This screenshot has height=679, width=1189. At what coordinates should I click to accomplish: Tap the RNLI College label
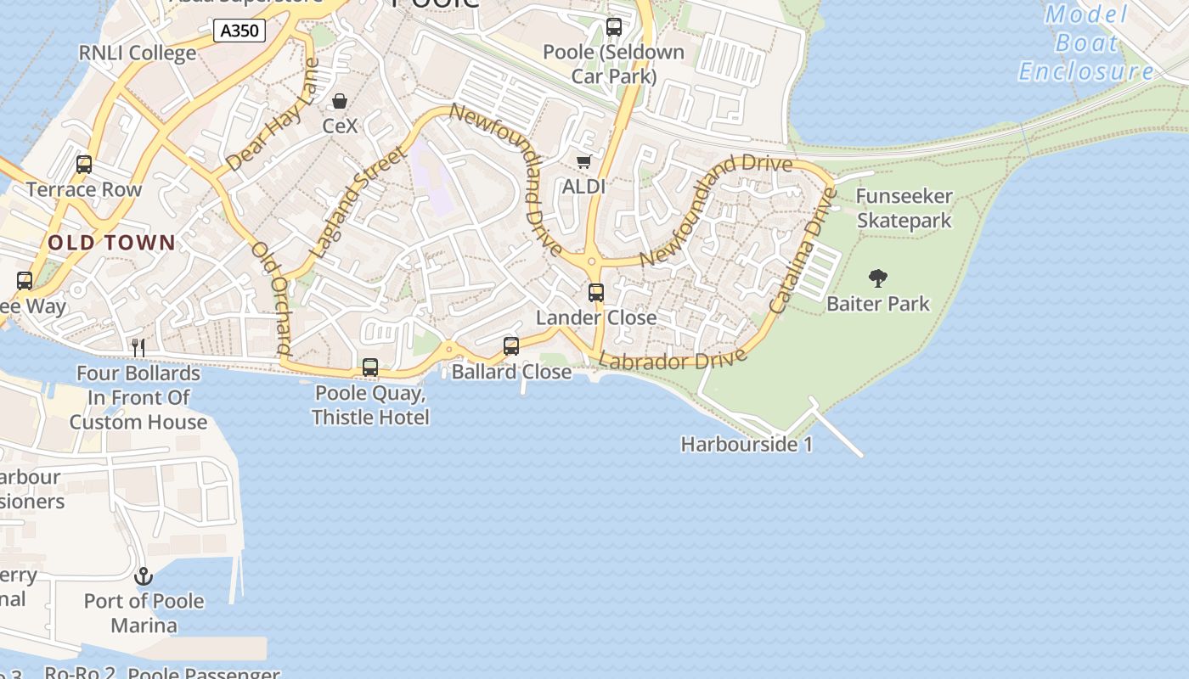click(138, 53)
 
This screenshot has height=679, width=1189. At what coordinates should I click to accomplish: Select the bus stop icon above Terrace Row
click(84, 165)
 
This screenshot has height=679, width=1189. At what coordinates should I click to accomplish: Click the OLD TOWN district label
click(111, 243)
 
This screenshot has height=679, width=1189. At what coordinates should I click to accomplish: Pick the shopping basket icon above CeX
click(340, 102)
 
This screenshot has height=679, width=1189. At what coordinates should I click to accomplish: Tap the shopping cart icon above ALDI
click(583, 161)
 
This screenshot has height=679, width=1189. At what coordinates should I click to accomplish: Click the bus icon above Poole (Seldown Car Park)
click(614, 27)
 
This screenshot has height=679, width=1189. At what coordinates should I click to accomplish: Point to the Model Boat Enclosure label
click(1086, 43)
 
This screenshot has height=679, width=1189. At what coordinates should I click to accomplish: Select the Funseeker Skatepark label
click(904, 209)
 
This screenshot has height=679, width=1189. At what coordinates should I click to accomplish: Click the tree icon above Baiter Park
click(878, 278)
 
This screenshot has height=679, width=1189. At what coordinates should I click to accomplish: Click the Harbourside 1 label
click(747, 444)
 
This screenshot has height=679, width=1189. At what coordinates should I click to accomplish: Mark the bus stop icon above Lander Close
click(596, 293)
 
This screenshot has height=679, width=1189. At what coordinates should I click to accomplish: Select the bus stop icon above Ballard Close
click(511, 346)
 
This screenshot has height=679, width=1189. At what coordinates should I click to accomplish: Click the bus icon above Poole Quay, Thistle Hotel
click(370, 368)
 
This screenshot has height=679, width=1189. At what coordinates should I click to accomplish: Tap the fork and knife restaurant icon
click(138, 347)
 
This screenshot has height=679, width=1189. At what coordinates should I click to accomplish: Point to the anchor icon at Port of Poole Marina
click(144, 576)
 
